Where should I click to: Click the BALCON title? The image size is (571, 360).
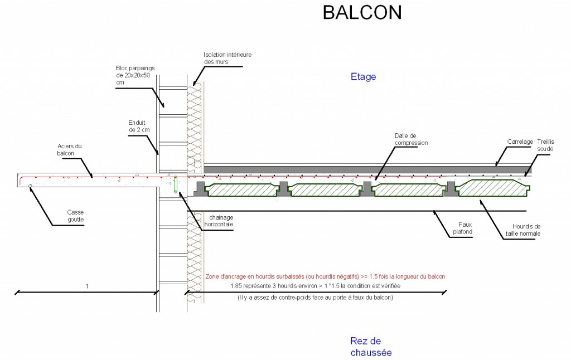point(362,12)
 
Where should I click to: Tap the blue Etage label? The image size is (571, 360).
point(363,77)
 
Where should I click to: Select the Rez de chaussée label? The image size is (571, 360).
point(371,347)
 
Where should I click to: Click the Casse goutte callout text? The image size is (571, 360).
point(75,216)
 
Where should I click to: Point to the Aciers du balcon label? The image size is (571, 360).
point(69,149)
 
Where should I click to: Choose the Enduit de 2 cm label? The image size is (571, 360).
point(139,127)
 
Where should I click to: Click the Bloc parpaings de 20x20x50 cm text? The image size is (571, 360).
point(135,75)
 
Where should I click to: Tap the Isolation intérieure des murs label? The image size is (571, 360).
point(228,59)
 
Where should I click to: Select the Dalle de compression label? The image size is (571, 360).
point(411,139)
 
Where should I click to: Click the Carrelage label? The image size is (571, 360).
point(520,142)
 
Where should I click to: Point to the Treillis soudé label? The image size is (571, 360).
point(545,145)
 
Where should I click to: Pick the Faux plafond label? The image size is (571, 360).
point(462,228)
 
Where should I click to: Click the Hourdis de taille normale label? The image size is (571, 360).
point(523,230)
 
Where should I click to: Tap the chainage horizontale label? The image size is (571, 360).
point(219,221)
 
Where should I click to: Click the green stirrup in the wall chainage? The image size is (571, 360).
point(175,184)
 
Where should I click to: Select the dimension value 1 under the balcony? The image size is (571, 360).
point(86,286)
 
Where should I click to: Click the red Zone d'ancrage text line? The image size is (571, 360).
point(325,276)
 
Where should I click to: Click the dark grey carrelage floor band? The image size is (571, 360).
point(367,169)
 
